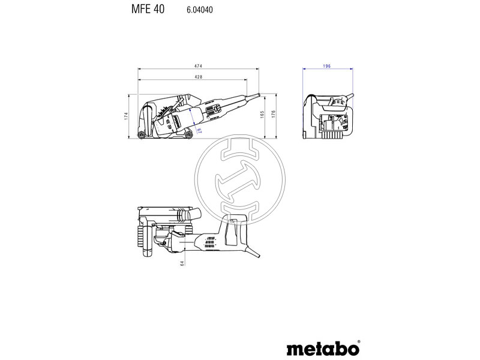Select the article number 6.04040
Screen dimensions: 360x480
pos(191,10)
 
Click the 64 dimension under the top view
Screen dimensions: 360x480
pos(182,262)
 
